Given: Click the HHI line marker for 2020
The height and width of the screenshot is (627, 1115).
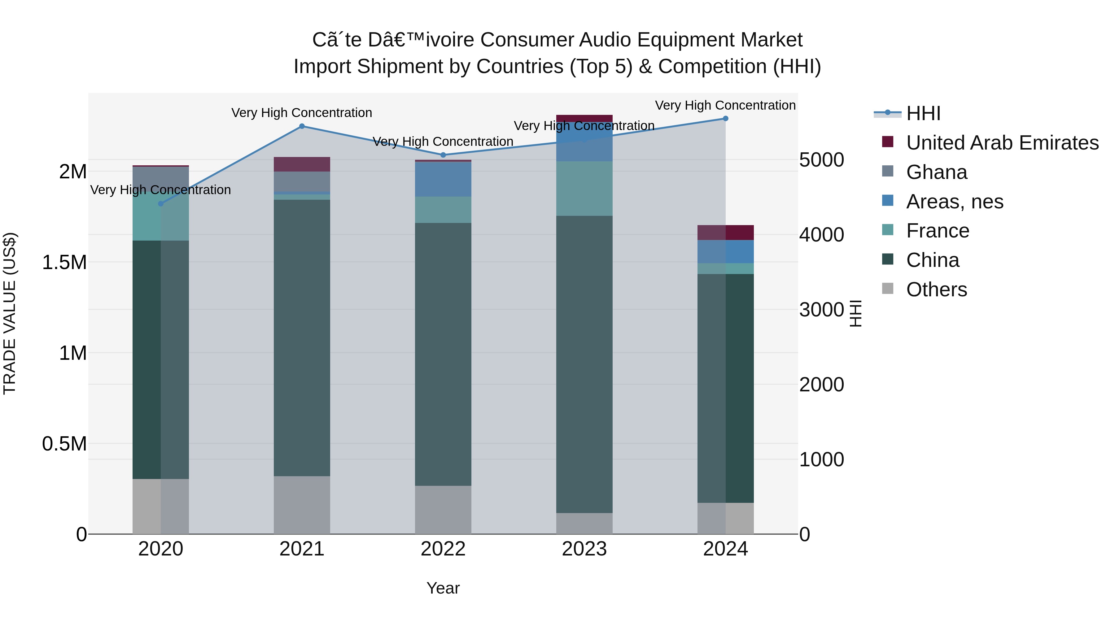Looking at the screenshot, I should tap(160, 204).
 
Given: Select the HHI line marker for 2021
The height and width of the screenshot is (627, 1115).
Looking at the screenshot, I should tap(302, 126).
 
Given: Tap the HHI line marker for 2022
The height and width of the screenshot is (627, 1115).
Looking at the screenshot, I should tap(443, 155).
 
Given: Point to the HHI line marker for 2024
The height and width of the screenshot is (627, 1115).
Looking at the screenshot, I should tap(725, 119).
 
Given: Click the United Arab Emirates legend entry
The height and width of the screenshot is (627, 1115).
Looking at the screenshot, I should tap(1002, 143).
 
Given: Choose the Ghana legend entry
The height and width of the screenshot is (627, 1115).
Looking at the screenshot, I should tap(936, 172).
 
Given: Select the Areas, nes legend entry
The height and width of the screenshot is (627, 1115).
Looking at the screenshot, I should tap(955, 202).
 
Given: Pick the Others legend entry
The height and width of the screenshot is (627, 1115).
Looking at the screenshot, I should tap(936, 290).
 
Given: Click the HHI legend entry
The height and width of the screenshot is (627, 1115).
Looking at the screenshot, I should tap(923, 113).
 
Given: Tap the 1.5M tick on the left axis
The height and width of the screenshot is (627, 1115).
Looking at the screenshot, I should tap(64, 262).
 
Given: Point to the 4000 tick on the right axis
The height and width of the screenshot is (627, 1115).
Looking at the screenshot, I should tap(821, 235).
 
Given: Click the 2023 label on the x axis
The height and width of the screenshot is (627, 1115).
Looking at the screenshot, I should tap(584, 549).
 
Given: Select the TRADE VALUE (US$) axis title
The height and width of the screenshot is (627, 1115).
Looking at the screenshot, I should tap(10, 313).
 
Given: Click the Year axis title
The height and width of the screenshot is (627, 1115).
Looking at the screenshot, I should tap(443, 588).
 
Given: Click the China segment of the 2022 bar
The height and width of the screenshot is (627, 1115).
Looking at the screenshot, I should tap(443, 354).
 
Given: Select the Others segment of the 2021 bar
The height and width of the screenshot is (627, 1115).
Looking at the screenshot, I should tap(302, 505).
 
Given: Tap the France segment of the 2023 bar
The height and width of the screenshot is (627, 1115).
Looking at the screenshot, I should tap(584, 189).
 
